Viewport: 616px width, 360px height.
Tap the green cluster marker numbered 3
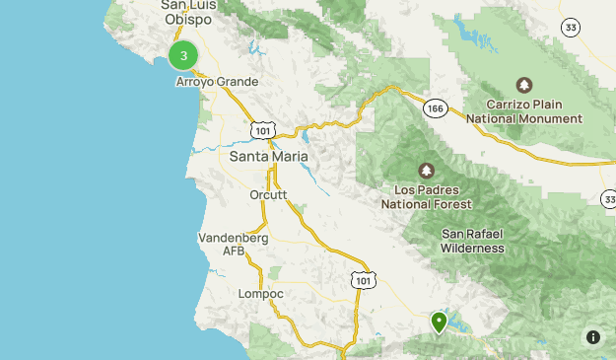pos(183,56)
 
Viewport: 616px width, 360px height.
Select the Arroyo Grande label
pos(217,82)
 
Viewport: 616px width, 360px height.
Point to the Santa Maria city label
pos(268,157)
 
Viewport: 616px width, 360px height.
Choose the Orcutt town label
pos(268,195)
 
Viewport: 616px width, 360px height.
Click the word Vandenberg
pos(233,238)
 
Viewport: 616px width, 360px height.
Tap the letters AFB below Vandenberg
pos(233,252)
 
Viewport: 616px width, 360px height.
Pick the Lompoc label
pos(261,294)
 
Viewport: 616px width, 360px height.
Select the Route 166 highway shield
pos(434,107)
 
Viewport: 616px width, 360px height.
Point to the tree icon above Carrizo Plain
pos(524,85)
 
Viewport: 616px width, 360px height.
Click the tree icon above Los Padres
pos(427,172)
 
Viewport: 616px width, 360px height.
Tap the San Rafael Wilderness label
pos(473,241)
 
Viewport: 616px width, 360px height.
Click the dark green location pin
pos(440,322)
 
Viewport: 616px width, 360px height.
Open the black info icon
pos(593,337)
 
